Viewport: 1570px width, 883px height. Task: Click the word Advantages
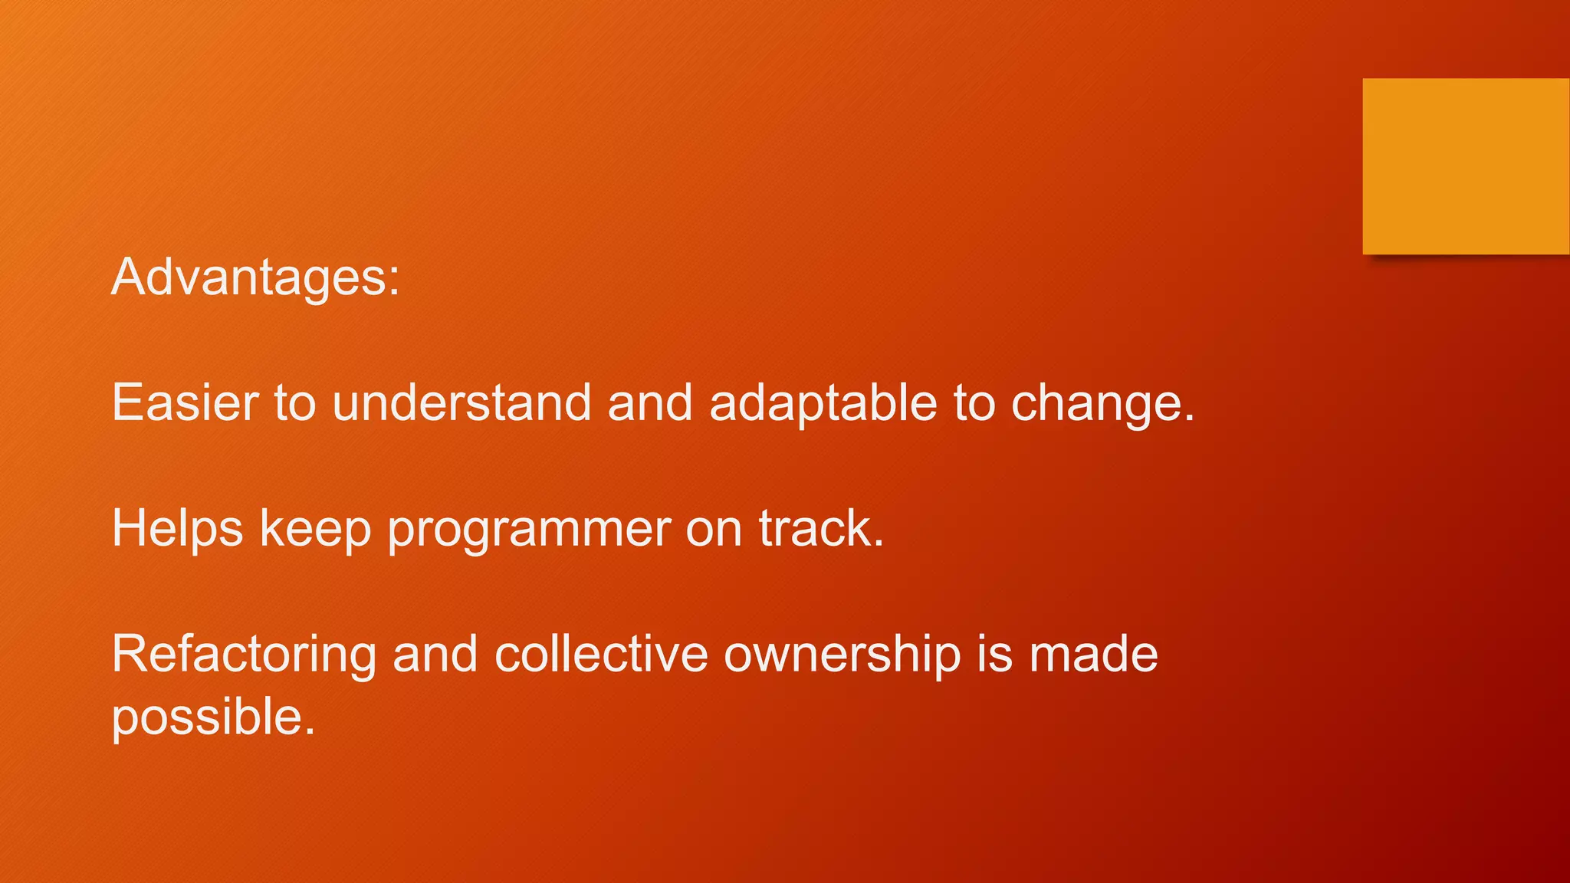255,277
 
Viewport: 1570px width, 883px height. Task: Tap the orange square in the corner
1465,166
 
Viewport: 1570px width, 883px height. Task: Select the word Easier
186,402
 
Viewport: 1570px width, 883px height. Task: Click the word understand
461,402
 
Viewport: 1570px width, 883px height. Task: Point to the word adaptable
823,402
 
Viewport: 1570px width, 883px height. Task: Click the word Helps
177,529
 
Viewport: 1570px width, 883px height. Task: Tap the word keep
315,529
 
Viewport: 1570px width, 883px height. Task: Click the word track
821,529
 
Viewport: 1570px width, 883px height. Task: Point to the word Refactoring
244,655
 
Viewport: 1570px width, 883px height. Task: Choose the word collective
600,655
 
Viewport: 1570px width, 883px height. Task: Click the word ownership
842,656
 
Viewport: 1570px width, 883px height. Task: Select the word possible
213,717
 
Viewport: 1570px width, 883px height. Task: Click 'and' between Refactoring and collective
435,655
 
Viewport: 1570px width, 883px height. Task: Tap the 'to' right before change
974,402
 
